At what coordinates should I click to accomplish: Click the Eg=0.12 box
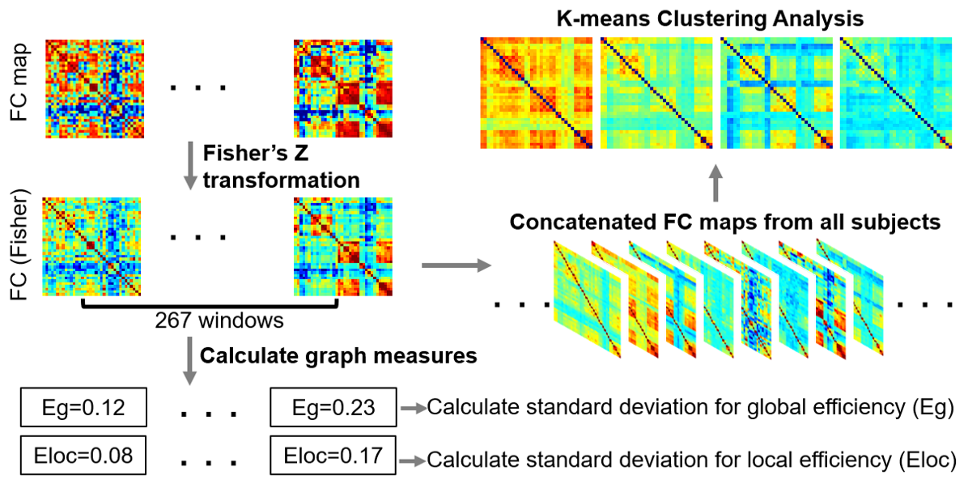[x=81, y=408]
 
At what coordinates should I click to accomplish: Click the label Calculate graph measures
[x=338, y=355]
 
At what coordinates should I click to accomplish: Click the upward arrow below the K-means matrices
[x=715, y=183]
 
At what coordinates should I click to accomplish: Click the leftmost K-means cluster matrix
[x=537, y=93]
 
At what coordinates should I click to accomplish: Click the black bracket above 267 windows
[x=210, y=305]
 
